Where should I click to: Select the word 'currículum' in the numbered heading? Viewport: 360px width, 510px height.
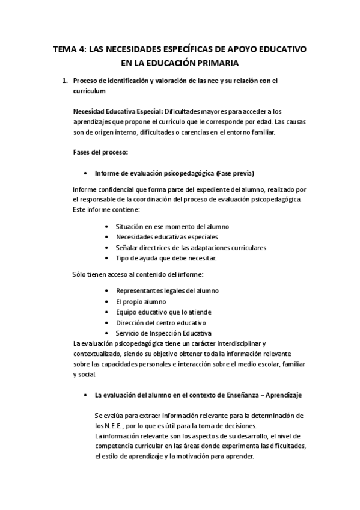89,91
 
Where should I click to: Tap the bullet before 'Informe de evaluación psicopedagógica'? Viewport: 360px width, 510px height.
88,173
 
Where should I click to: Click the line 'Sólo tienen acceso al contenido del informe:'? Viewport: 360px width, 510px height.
138,275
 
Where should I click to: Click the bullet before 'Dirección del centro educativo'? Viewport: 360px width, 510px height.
106,323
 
